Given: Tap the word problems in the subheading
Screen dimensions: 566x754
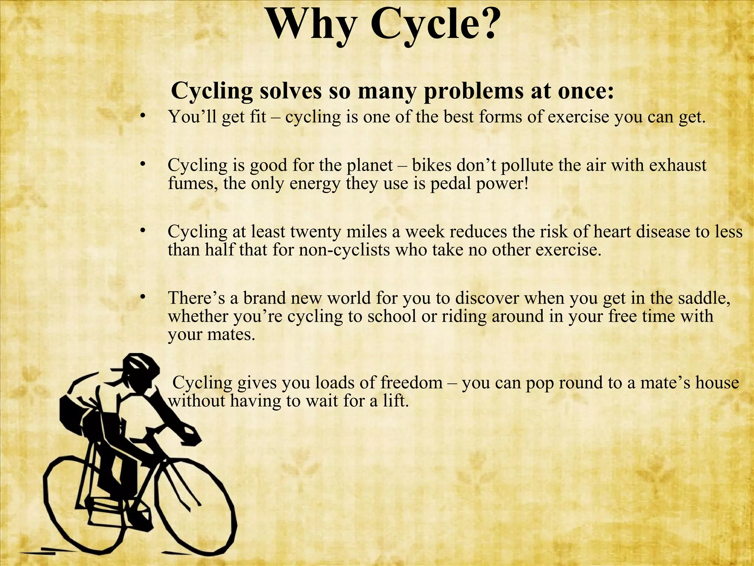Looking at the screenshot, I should coord(473,91).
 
